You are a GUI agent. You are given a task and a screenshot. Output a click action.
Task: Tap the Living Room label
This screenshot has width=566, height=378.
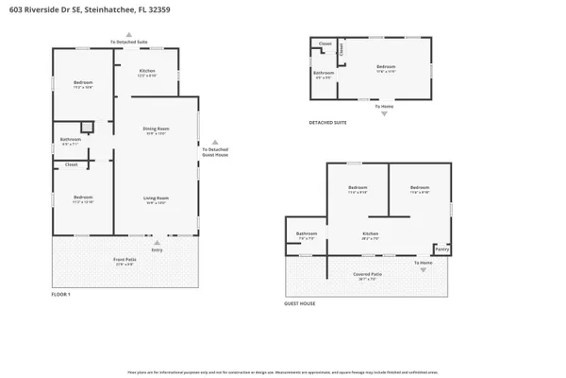[x=156, y=198]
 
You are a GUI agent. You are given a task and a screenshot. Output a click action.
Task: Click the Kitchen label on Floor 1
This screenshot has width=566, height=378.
[x=146, y=72]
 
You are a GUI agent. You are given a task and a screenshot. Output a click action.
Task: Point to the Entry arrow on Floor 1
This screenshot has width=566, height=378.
[x=157, y=242]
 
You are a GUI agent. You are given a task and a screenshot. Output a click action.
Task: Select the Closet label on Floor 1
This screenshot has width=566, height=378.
[x=71, y=164]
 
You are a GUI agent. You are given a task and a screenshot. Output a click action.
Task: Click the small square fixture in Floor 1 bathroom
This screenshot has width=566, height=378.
[x=86, y=127]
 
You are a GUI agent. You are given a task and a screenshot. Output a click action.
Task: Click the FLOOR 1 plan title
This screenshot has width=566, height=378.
[x=61, y=294]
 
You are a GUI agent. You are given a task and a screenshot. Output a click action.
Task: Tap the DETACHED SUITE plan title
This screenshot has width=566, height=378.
[x=327, y=122]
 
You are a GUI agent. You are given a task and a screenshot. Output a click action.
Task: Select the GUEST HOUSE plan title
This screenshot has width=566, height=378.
[x=300, y=303]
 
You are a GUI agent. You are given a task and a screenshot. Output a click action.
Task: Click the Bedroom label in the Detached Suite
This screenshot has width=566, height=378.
[x=386, y=66]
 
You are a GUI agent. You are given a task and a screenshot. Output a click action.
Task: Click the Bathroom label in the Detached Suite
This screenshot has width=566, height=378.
[x=324, y=73]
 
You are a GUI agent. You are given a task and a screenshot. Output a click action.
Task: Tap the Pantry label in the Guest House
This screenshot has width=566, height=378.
[x=441, y=249]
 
